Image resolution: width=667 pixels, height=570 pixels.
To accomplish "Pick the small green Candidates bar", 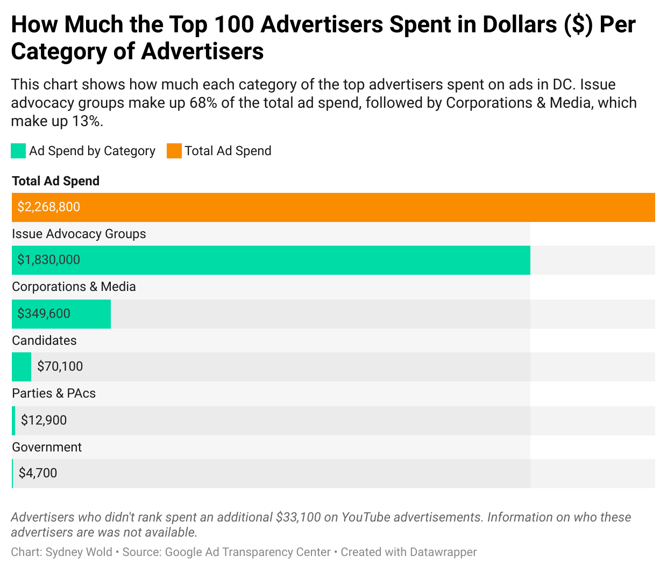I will pyautogui.click(x=22, y=367).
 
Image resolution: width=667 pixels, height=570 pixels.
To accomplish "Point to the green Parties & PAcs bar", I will pyautogui.click(x=13, y=421).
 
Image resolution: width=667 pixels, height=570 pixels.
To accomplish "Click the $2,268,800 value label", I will pyautogui.click(x=48, y=207).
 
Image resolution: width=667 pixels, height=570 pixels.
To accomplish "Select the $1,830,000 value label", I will pyautogui.click(x=48, y=260).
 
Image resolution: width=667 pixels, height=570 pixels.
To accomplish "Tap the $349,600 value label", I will pyautogui.click(x=44, y=314).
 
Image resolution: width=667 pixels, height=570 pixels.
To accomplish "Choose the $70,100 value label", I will pyautogui.click(x=60, y=366).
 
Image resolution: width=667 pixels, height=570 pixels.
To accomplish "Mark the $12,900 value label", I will pyautogui.click(x=44, y=420).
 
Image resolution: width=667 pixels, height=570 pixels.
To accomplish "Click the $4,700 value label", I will pyautogui.click(x=38, y=473).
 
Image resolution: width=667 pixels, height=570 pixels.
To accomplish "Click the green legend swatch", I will pyautogui.click(x=18, y=151).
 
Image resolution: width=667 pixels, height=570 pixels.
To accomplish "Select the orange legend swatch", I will pyautogui.click(x=174, y=151).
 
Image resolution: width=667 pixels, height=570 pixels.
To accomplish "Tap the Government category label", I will pyautogui.click(x=47, y=447).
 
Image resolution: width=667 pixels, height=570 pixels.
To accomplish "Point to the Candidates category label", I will pyautogui.click(x=44, y=340).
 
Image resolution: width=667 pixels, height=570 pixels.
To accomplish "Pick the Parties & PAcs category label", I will pyautogui.click(x=54, y=393).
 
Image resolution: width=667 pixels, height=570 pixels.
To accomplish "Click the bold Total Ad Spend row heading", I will pyautogui.click(x=55, y=181).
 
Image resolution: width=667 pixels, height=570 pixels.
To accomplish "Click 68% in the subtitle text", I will pyautogui.click(x=203, y=103).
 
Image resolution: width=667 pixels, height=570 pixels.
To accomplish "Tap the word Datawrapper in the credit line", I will pyautogui.click(x=443, y=552).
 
